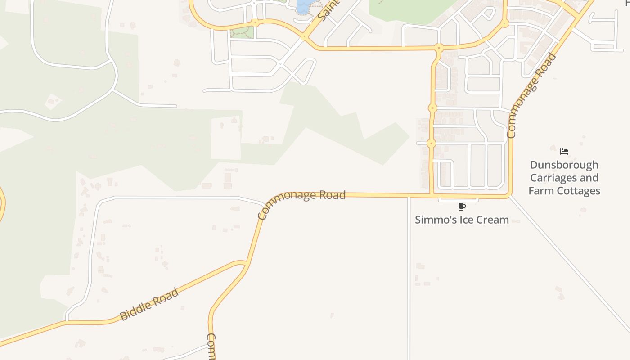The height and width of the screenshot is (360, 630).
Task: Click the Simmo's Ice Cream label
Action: (462, 220)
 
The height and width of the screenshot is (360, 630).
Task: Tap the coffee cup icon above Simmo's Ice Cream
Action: (462, 207)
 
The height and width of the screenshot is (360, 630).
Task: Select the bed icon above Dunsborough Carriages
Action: (564, 152)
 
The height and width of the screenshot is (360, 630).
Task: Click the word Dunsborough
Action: (564, 165)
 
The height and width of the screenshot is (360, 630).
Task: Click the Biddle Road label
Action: (149, 305)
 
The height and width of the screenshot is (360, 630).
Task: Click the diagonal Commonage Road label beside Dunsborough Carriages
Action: (531, 95)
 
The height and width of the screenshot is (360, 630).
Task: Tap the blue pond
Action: (303, 6)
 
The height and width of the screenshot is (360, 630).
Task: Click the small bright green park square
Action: (242, 32)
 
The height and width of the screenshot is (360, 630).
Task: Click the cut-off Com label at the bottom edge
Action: (211, 346)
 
